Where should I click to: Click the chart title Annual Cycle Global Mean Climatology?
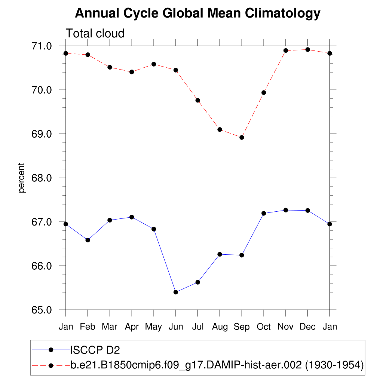[x=197, y=13]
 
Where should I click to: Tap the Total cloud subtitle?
[x=95, y=34]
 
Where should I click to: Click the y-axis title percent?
[x=22, y=178]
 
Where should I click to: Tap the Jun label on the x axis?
[x=175, y=327]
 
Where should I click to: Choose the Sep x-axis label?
[x=242, y=327]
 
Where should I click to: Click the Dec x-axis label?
[x=308, y=327]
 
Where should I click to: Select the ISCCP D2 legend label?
[x=95, y=350]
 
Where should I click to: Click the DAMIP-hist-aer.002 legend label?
[x=217, y=365]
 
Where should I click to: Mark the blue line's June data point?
[x=176, y=292]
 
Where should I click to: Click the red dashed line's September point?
[x=242, y=137]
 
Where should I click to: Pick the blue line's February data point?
[x=88, y=240]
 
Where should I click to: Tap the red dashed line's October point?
[x=264, y=92]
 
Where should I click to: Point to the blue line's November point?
[x=286, y=210]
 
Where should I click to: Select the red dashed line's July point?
[x=198, y=100]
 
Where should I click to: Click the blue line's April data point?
[x=132, y=217]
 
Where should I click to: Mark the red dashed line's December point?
[x=308, y=49]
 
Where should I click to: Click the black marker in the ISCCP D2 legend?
[x=51, y=350]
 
